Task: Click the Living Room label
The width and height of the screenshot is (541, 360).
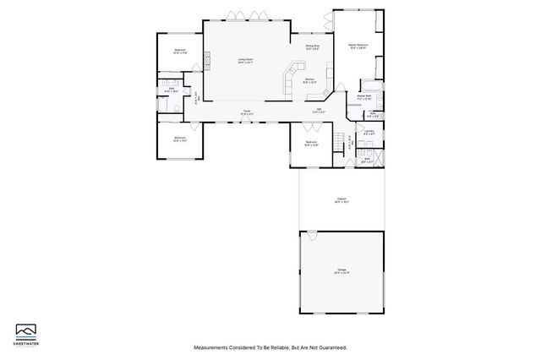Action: point(246,59)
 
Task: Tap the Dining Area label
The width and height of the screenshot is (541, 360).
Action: point(312,46)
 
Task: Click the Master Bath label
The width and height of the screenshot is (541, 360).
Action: point(365,97)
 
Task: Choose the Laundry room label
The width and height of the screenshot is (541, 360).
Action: point(369,132)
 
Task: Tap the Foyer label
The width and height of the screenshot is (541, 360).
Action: point(247,112)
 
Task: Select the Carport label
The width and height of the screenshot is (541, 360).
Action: point(342,200)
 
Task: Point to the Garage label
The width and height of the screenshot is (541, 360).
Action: point(342,271)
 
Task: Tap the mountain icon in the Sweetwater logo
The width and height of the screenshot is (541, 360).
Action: point(27,329)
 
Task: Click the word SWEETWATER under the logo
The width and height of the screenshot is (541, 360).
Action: point(27,342)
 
